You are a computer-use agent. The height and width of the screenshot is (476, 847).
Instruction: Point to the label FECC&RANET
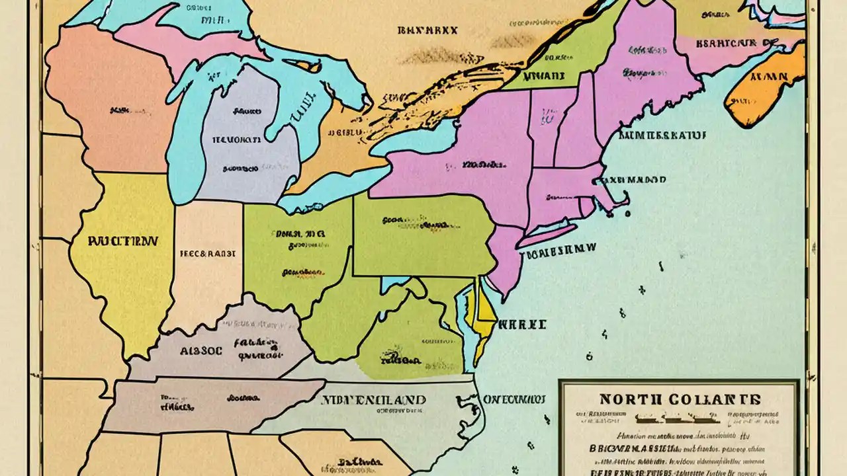coord(208,253)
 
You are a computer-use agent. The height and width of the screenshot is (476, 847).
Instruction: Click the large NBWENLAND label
coord(373,400)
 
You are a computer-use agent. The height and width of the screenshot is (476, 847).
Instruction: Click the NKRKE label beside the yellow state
coord(522,325)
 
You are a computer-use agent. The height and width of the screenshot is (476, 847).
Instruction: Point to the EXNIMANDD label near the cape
coord(633,179)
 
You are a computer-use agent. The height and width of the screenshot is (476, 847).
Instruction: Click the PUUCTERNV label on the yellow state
coord(122,241)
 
